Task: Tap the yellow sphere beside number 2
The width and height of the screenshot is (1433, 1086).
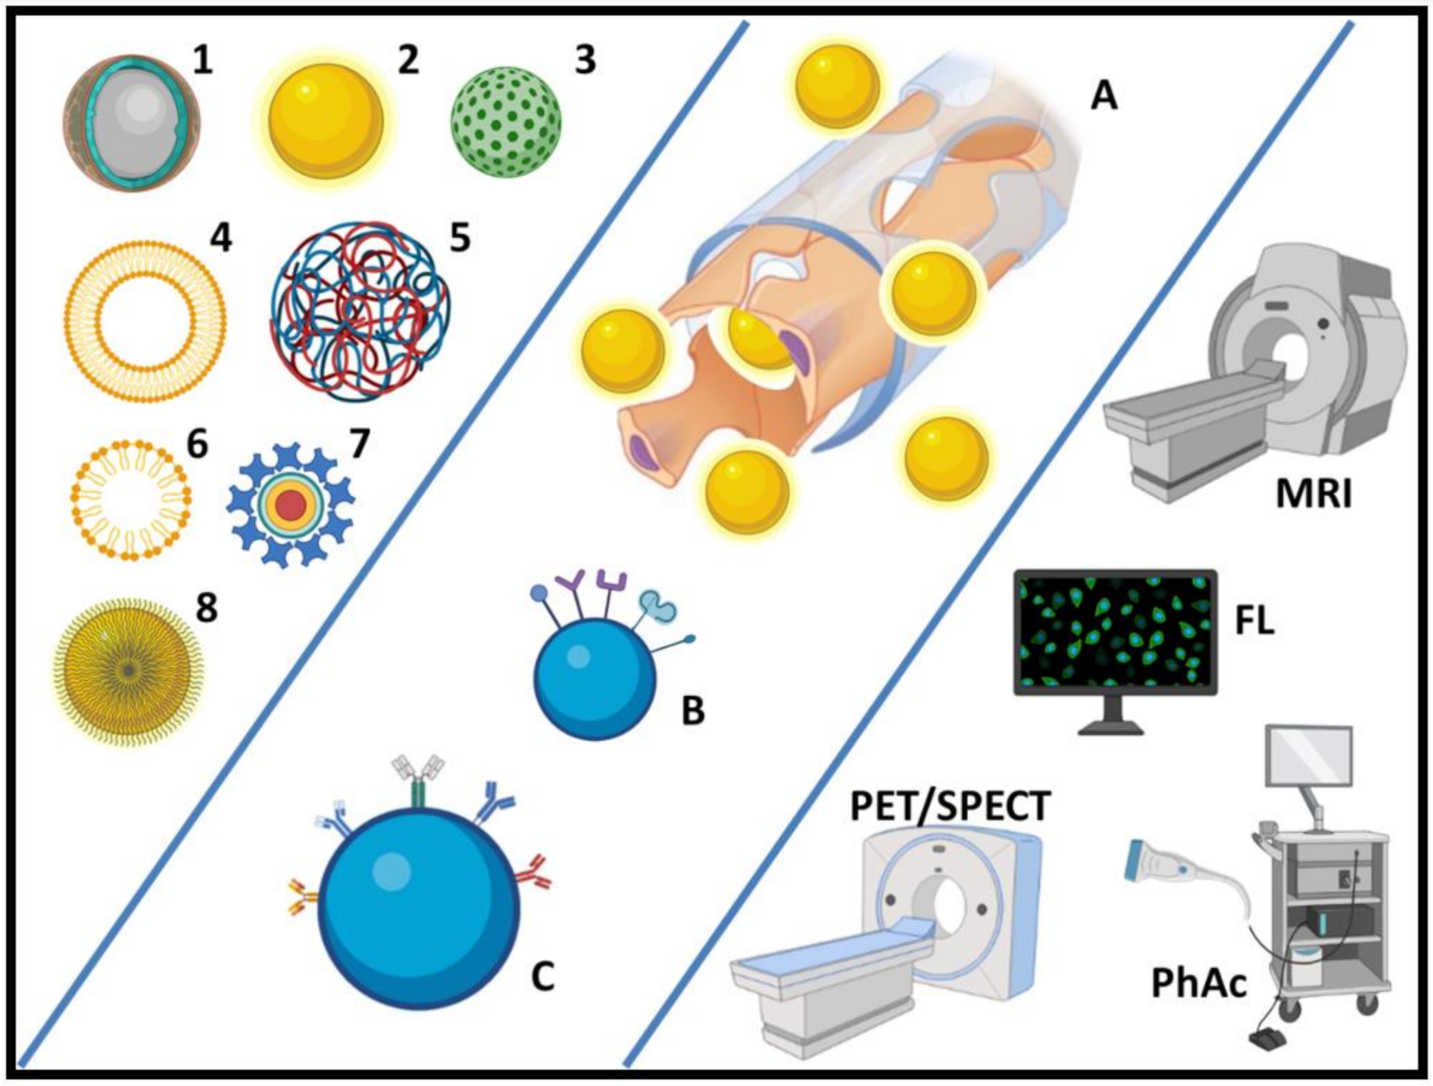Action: pyautogui.click(x=326, y=121)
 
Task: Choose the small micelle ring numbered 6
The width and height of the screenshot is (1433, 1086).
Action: pyautogui.click(x=131, y=499)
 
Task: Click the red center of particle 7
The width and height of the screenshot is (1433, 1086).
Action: pyautogui.click(x=291, y=505)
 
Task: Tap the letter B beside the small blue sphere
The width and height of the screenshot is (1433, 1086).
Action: pyautogui.click(x=693, y=711)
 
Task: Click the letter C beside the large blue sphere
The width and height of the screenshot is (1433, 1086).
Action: pyautogui.click(x=542, y=976)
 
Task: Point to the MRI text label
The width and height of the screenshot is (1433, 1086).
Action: pyautogui.click(x=1314, y=494)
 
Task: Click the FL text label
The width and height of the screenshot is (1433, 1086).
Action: pyautogui.click(x=1255, y=622)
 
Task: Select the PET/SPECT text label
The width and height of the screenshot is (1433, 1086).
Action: pyautogui.click(x=951, y=807)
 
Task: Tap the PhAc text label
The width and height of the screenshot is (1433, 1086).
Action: pyautogui.click(x=1199, y=983)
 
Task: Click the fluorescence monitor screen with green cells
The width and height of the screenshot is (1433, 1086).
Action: pyautogui.click(x=1115, y=631)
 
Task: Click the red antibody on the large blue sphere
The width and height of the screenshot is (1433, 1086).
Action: pyautogui.click(x=534, y=873)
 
